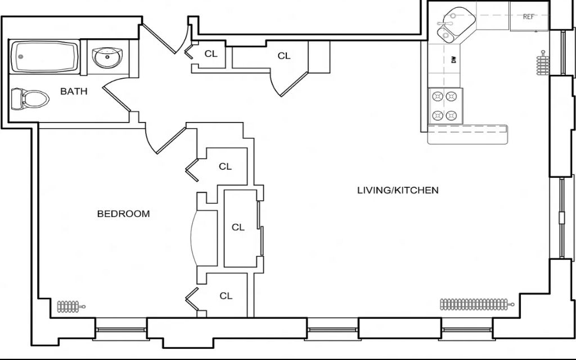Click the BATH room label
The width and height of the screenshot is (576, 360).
pyautogui.click(x=74, y=91)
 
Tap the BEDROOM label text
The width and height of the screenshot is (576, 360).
pyautogui.click(x=123, y=214)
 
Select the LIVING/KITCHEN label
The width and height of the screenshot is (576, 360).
pyautogui.click(x=398, y=190)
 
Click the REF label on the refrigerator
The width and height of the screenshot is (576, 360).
pyautogui.click(x=529, y=16)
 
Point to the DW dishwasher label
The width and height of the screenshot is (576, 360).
pyautogui.click(x=454, y=60)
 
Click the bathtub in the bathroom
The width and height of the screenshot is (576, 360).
pyautogui.click(x=45, y=57)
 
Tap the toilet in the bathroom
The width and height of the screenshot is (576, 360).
pyautogui.click(x=30, y=99)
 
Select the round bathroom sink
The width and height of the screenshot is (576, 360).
pyautogui.click(x=107, y=57)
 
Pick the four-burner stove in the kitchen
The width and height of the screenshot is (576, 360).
pyautogui.click(x=445, y=106)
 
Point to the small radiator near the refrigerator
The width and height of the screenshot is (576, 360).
pyautogui.click(x=542, y=63)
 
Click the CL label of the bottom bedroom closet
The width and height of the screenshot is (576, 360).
pyautogui.click(x=226, y=296)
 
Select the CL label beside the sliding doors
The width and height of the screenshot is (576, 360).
pyautogui.click(x=238, y=227)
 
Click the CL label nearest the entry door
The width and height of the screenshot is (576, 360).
pyautogui.click(x=211, y=53)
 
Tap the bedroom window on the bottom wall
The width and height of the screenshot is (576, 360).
pyautogui.click(x=121, y=330)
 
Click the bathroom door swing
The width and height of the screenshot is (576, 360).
pyautogui.click(x=117, y=97)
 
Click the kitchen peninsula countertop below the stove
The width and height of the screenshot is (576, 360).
pyautogui.click(x=467, y=134)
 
